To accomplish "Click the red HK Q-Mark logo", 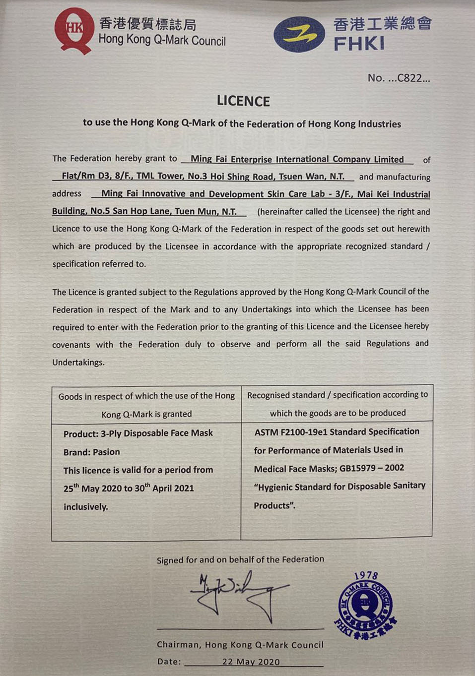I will [x=73, y=30].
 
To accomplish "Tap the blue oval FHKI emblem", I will [x=299, y=34].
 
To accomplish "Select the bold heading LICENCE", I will [x=243, y=101].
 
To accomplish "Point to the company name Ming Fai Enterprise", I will [x=297, y=159].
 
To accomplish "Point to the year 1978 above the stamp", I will [x=366, y=576].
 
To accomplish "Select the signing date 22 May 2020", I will [x=251, y=662].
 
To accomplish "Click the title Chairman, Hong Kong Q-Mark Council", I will [x=240, y=645].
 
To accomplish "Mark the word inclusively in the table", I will [x=85, y=507].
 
